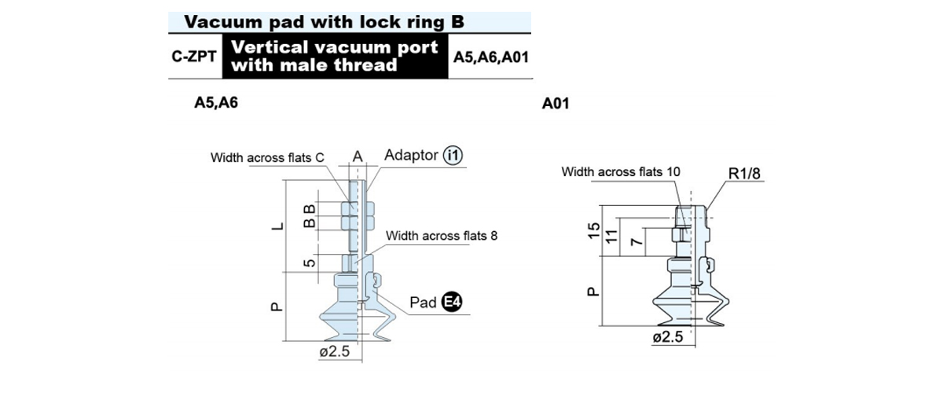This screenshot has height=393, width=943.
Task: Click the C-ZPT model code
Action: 194,57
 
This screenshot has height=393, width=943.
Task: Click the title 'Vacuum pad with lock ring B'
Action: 324,22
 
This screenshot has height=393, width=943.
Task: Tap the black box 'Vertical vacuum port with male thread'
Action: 335,56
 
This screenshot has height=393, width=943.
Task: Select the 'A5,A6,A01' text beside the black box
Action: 491,57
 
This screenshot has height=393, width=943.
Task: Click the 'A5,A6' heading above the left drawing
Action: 216,102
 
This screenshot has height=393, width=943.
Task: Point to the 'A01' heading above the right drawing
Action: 556,103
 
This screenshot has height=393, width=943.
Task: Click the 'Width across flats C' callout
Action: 267,157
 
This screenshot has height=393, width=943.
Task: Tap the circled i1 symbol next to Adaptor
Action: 453,156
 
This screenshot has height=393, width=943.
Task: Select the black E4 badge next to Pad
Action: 452,302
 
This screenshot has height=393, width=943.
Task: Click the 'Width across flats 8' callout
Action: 442,236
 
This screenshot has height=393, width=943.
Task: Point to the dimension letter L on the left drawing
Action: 277,226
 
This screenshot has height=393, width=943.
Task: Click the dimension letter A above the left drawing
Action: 358,156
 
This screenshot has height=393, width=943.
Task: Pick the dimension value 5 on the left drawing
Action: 310,263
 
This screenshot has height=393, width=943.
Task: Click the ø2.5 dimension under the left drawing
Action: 335,351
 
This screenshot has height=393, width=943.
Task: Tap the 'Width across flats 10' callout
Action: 621,172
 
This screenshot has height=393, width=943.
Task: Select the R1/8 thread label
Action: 744,174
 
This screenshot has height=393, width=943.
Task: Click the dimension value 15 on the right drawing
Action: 593,231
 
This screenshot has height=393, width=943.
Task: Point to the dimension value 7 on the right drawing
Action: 637,241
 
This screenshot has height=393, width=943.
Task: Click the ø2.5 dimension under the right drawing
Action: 668,337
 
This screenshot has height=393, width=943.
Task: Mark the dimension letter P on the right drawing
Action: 593,292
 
